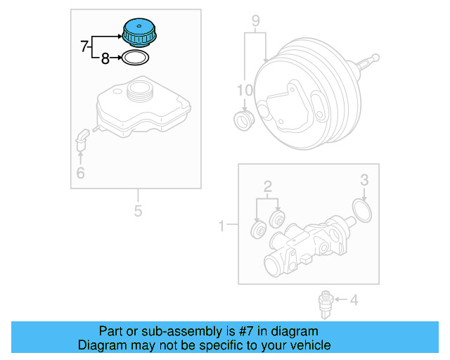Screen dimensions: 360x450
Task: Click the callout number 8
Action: coord(105,59)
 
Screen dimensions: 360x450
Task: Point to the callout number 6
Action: coord(80,173)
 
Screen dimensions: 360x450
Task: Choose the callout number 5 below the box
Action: coord(138,210)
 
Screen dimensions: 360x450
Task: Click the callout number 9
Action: coord(256,20)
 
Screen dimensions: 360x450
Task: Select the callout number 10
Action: coord(243,90)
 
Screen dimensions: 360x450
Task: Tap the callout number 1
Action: coord(222,226)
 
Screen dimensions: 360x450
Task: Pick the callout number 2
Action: coord(267,186)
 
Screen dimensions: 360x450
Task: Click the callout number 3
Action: coord(364,180)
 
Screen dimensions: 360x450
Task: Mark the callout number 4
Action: coord(354,301)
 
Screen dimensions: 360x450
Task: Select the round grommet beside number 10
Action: coord(244,120)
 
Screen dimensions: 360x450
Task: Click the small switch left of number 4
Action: coord(325,301)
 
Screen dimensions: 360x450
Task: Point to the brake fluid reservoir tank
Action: coord(141,109)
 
